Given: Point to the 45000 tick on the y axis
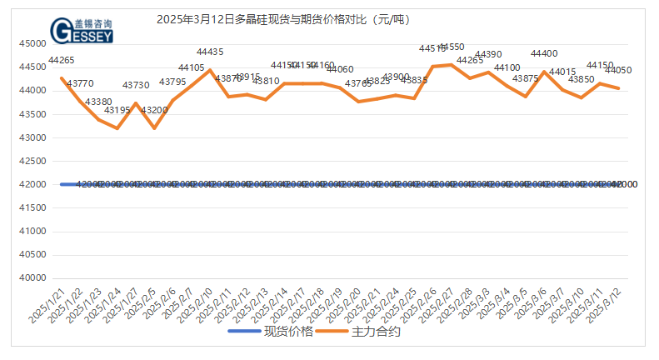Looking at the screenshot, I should click(33, 43).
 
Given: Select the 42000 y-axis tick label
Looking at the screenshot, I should click(33, 184).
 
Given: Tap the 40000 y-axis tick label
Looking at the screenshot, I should click(33, 277).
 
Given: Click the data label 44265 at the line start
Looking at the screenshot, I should click(62, 60).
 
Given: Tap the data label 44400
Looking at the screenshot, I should click(544, 54).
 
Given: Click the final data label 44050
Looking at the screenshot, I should click(617, 71).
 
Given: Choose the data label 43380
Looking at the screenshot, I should click(100, 102).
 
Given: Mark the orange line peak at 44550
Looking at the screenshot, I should click(452, 64).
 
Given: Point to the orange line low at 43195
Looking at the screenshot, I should click(117, 128).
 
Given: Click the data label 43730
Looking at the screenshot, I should click(136, 85).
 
